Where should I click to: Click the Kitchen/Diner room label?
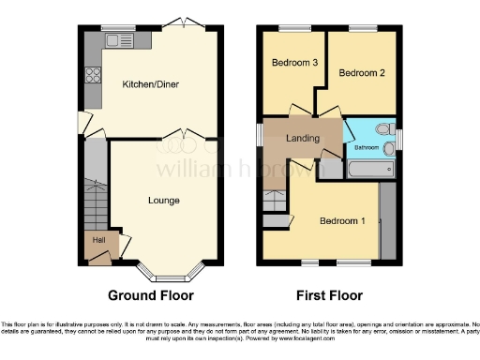coord(150,84)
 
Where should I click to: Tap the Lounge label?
coord(163,200)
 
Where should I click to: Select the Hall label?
coord(97,240)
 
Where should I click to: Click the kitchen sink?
coord(119,40)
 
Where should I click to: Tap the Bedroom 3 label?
coord(294,63)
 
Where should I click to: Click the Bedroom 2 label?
coord(361,72)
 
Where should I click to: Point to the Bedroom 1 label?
coord(342,221)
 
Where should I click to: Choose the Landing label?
coord(302,139)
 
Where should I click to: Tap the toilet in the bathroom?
coord(382,130)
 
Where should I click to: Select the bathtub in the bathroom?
coord(369,170)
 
